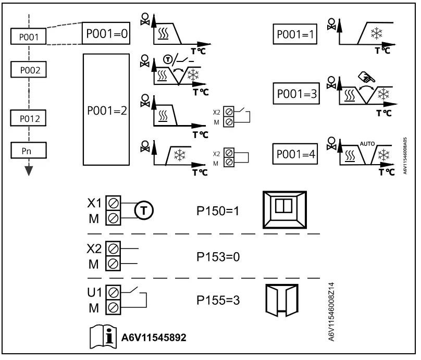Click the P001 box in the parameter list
[x=29, y=36]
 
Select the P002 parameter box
[x=29, y=69]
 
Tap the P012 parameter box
[x=28, y=118]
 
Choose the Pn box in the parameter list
[x=29, y=151]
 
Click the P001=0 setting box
[x=106, y=33]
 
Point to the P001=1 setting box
[x=295, y=34]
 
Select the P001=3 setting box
[x=296, y=93]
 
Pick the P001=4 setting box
[x=295, y=154]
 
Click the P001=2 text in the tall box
[x=107, y=110]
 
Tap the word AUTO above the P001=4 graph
[x=367, y=144]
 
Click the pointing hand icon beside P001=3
[x=367, y=77]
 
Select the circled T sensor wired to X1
[x=144, y=210]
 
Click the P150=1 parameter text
[x=218, y=211]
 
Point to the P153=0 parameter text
[x=218, y=257]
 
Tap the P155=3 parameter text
[x=218, y=301]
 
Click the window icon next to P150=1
[x=284, y=210]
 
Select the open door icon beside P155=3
[x=282, y=300]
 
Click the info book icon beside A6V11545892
[x=103, y=337]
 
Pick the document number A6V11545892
[x=154, y=338]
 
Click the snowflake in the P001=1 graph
[x=376, y=33]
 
